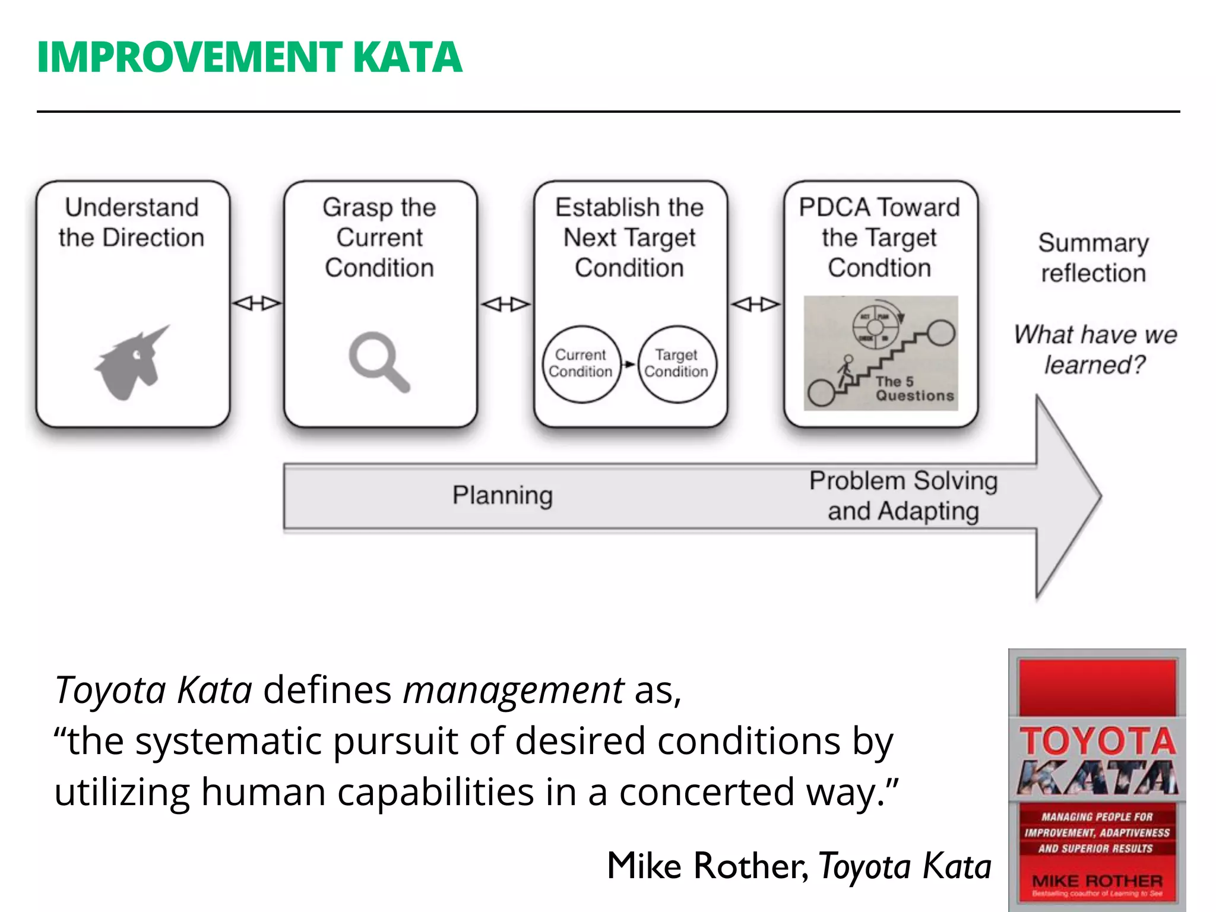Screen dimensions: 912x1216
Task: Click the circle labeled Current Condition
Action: coord(581,363)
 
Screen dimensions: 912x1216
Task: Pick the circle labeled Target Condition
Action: coord(676,363)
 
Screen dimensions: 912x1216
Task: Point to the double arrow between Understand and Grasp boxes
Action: coord(256,303)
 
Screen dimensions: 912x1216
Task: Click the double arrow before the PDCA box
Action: coord(755,305)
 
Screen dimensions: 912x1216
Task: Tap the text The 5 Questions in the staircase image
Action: coord(914,389)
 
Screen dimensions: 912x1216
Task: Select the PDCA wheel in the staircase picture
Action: coord(875,327)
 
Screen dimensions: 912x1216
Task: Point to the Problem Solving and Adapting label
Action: coord(903,496)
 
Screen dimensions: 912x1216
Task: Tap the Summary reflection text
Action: coord(1093,258)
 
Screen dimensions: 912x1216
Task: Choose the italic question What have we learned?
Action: coord(1095,350)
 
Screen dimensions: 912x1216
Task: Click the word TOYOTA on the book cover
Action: coord(1097,742)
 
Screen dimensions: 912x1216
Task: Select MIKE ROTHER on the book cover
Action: coord(1097,881)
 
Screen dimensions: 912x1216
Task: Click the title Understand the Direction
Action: coord(132,223)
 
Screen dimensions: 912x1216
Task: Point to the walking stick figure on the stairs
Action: coord(845,371)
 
